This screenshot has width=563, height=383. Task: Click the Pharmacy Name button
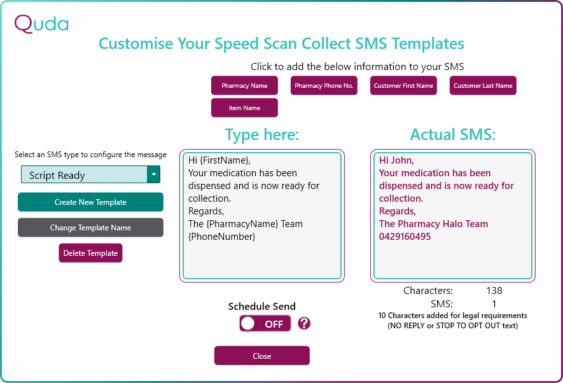pos(244,85)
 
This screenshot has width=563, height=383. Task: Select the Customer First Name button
pos(403,85)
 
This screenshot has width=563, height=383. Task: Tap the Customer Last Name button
pos(483,85)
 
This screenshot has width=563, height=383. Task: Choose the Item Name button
pos(244,108)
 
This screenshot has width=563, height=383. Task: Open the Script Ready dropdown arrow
pos(154,174)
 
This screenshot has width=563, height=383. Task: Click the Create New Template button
pos(90,202)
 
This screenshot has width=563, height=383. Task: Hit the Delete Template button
pos(90,253)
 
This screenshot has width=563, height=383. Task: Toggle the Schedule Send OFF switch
pos(265,324)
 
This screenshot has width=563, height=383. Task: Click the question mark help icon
pos(304,323)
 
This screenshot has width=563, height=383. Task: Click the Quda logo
pos(41,24)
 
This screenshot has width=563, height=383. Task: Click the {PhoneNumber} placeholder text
pos(222,237)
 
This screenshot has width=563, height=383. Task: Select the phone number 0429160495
pos(405,237)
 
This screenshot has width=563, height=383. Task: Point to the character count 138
pos(494,290)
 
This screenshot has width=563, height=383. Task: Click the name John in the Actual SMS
pos(402,160)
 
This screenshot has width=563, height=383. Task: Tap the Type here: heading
pos(262,135)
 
